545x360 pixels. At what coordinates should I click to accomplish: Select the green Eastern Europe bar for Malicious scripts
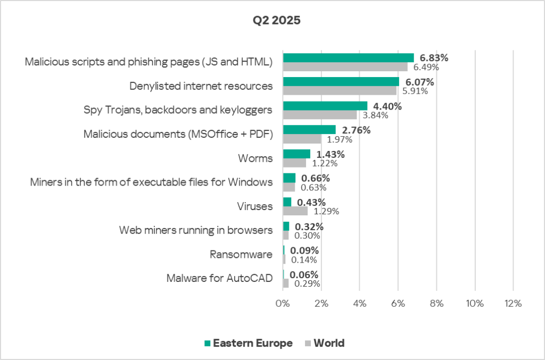348,57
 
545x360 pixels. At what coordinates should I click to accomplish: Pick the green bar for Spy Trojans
325,106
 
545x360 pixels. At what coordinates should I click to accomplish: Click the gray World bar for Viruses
295,211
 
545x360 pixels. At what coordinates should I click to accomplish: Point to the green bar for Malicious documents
309,130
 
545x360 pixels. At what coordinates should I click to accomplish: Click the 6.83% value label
434,58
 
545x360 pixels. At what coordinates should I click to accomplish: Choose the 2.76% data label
356,130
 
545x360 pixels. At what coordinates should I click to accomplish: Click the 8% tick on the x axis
436,304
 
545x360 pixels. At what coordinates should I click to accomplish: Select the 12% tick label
513,304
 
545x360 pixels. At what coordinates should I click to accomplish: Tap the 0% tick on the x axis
282,304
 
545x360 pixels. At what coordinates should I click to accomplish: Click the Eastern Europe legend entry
248,343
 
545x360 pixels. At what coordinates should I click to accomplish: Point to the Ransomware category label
241,255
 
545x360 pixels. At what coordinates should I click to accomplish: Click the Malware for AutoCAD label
219,279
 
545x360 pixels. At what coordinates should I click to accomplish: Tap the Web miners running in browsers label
196,230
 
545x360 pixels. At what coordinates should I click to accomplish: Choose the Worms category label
256,158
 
